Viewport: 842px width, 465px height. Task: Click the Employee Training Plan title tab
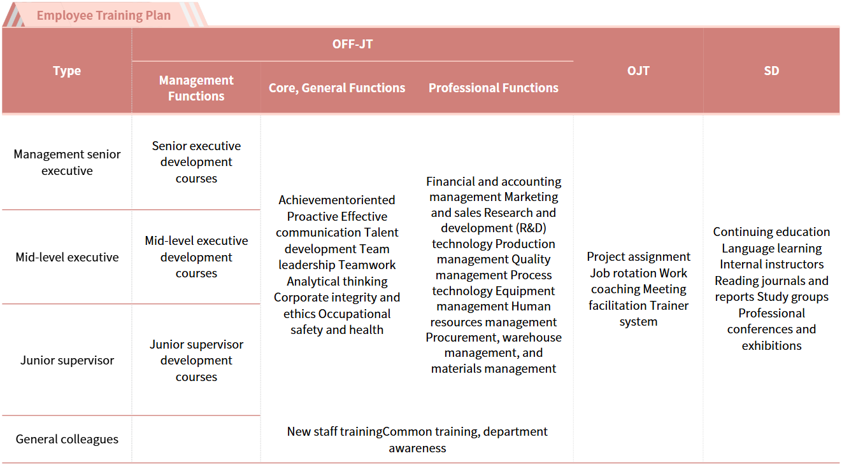tap(104, 15)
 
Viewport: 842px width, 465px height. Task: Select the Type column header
tap(67, 71)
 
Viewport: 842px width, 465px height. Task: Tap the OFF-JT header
tap(352, 44)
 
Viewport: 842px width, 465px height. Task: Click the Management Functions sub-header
tap(196, 88)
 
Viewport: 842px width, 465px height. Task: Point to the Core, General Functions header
tap(337, 88)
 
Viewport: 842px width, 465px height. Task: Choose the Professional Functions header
tap(493, 88)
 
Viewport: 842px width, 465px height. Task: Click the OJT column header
tap(638, 71)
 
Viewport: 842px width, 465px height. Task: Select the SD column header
tap(771, 71)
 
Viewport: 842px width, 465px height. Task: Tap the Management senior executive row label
tap(67, 162)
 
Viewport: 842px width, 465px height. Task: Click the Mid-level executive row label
tap(67, 257)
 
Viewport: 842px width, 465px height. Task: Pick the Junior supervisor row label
tap(67, 360)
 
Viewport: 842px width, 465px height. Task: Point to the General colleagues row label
tap(67, 439)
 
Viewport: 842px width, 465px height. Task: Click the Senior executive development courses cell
tap(196, 162)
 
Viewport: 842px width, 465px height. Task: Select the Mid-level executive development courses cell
tap(196, 257)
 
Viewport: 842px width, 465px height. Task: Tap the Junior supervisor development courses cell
tap(196, 360)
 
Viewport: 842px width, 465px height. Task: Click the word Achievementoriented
tap(337, 200)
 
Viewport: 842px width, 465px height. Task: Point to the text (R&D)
tap(529, 228)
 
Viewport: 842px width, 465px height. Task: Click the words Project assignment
tap(638, 256)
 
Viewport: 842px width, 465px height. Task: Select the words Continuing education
tap(771, 232)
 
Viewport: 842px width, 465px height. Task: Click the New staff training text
tap(334, 431)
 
